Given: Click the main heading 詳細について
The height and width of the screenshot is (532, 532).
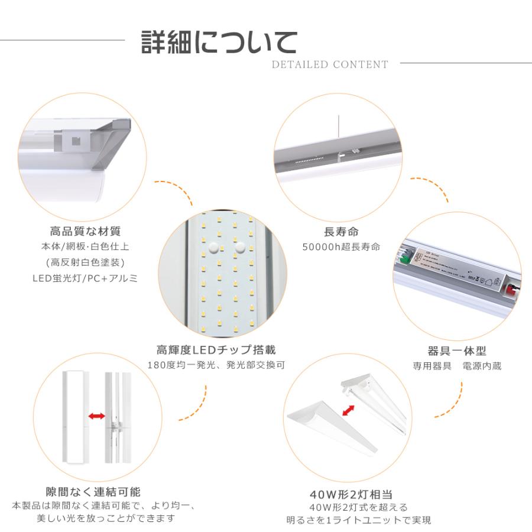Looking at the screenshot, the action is [x=219, y=42].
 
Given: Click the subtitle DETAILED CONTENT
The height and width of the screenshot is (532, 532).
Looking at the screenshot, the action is [x=330, y=64].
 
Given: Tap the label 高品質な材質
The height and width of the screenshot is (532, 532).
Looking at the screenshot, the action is [x=85, y=231].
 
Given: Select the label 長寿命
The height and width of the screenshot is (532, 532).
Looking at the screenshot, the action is [x=341, y=232].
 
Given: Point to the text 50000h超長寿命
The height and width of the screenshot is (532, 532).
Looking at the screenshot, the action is [x=341, y=246].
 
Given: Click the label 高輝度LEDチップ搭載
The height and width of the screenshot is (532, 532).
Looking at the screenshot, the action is [x=216, y=350].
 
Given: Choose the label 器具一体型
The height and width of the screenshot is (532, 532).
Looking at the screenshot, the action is [x=457, y=351].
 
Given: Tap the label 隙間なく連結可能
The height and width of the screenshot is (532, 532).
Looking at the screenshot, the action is [x=93, y=492].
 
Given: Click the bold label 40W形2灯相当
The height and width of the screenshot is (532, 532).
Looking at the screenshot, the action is [x=352, y=494].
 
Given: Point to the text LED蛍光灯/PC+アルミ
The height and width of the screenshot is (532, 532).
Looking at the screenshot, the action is [x=85, y=278].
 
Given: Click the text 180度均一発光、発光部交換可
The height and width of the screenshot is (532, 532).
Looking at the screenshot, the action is [x=216, y=365].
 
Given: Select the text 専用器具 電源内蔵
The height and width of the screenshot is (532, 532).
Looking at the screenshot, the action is [x=457, y=366].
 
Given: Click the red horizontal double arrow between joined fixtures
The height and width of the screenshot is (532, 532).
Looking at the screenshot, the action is [x=97, y=416].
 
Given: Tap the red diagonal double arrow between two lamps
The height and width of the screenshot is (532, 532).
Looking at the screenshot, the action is [x=348, y=411].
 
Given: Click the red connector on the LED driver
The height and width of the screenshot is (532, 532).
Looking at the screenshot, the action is [x=510, y=290].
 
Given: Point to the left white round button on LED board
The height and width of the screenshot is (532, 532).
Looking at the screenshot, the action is [x=214, y=247].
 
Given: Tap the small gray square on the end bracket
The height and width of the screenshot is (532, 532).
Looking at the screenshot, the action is [x=76, y=141].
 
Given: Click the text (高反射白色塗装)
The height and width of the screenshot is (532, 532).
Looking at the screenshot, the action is [x=85, y=262].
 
